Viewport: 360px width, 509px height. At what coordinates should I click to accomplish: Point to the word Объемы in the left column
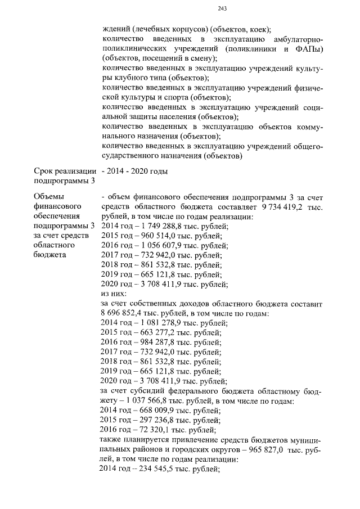coord(49,196)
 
